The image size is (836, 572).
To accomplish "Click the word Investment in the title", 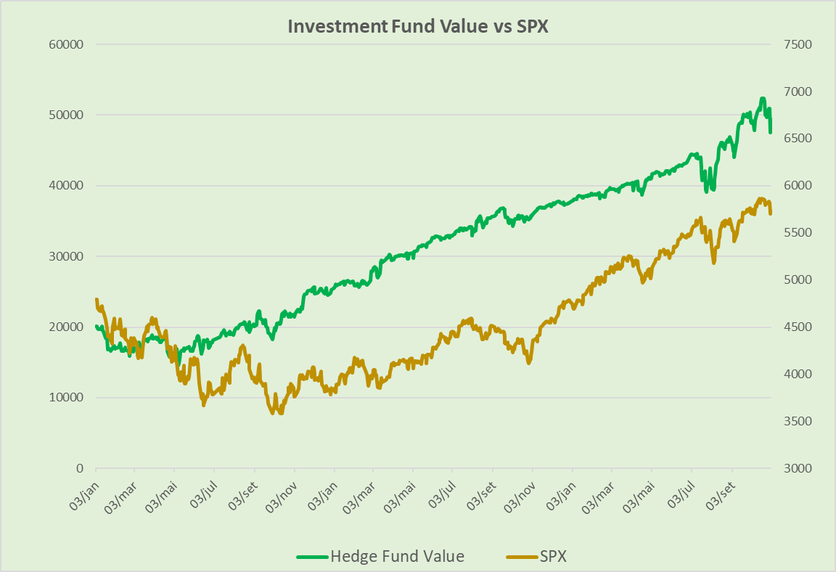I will pyautogui.click(x=337, y=26).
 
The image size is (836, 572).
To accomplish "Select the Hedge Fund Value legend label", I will pyautogui.click(x=397, y=557).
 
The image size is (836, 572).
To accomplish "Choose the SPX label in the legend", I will pyautogui.click(x=553, y=557).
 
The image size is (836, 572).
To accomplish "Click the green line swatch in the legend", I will pyautogui.click(x=312, y=557).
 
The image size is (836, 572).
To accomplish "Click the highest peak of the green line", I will pyautogui.click(x=763, y=99).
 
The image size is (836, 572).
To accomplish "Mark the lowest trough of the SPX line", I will pyautogui.click(x=281, y=413).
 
